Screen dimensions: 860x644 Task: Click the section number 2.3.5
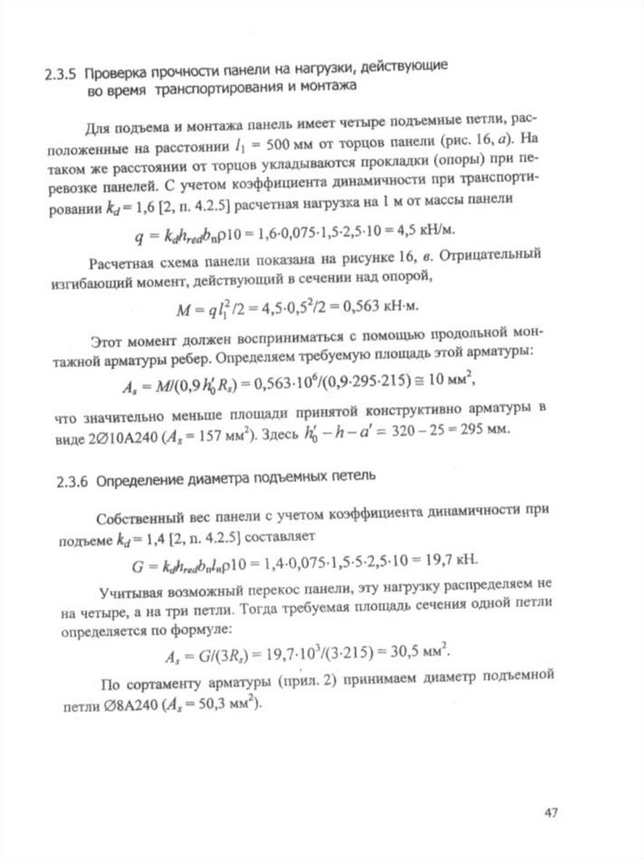(x=63, y=71)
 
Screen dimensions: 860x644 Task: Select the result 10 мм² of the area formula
(x=446, y=382)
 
